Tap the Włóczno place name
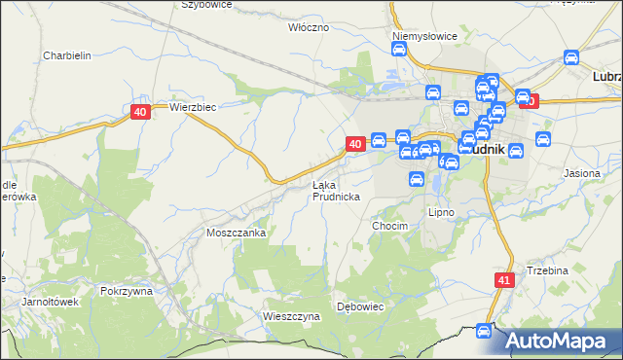pyautogui.click(x=309, y=27)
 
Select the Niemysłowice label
pyautogui.click(x=424, y=36)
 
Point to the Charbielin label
pyautogui.click(x=66, y=55)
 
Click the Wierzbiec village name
pyautogui.click(x=192, y=107)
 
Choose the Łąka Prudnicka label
pyautogui.click(x=337, y=190)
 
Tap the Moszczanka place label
pyautogui.click(x=236, y=234)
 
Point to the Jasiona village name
pyautogui.click(x=581, y=172)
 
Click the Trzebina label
pyautogui.click(x=547, y=270)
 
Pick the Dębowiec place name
pyautogui.click(x=361, y=306)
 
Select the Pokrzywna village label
pyautogui.click(x=127, y=291)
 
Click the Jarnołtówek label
pyautogui.click(x=50, y=302)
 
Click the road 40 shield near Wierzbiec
pyautogui.click(x=141, y=113)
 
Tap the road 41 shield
pyautogui.click(x=503, y=280)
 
